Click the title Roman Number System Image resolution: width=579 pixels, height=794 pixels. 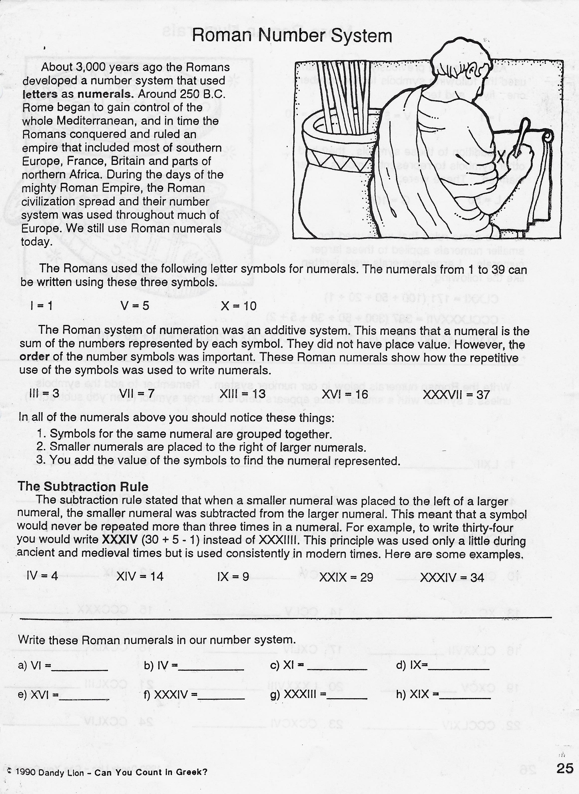pos(292,36)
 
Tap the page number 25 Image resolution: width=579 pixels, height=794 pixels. pos(565,768)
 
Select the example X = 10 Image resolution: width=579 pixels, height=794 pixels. pos(239,306)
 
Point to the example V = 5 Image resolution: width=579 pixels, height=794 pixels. pos(135,306)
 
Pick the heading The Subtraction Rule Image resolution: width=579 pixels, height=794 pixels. pos(83,487)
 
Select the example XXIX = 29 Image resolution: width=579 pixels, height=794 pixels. pos(346,577)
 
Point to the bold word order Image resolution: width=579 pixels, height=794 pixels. pos(34,357)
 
